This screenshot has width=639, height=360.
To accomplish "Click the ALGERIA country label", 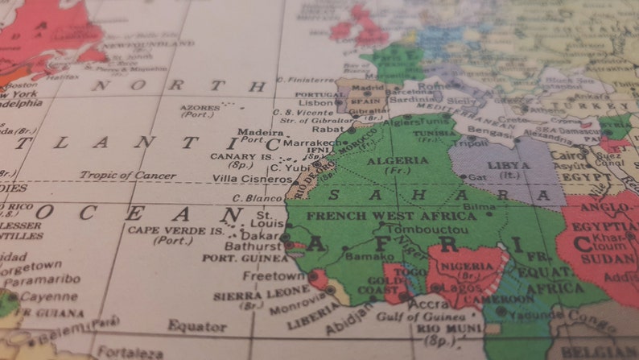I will click(397, 160).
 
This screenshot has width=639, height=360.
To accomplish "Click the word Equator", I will click(197, 325).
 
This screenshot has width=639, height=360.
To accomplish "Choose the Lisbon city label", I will click(315, 103).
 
